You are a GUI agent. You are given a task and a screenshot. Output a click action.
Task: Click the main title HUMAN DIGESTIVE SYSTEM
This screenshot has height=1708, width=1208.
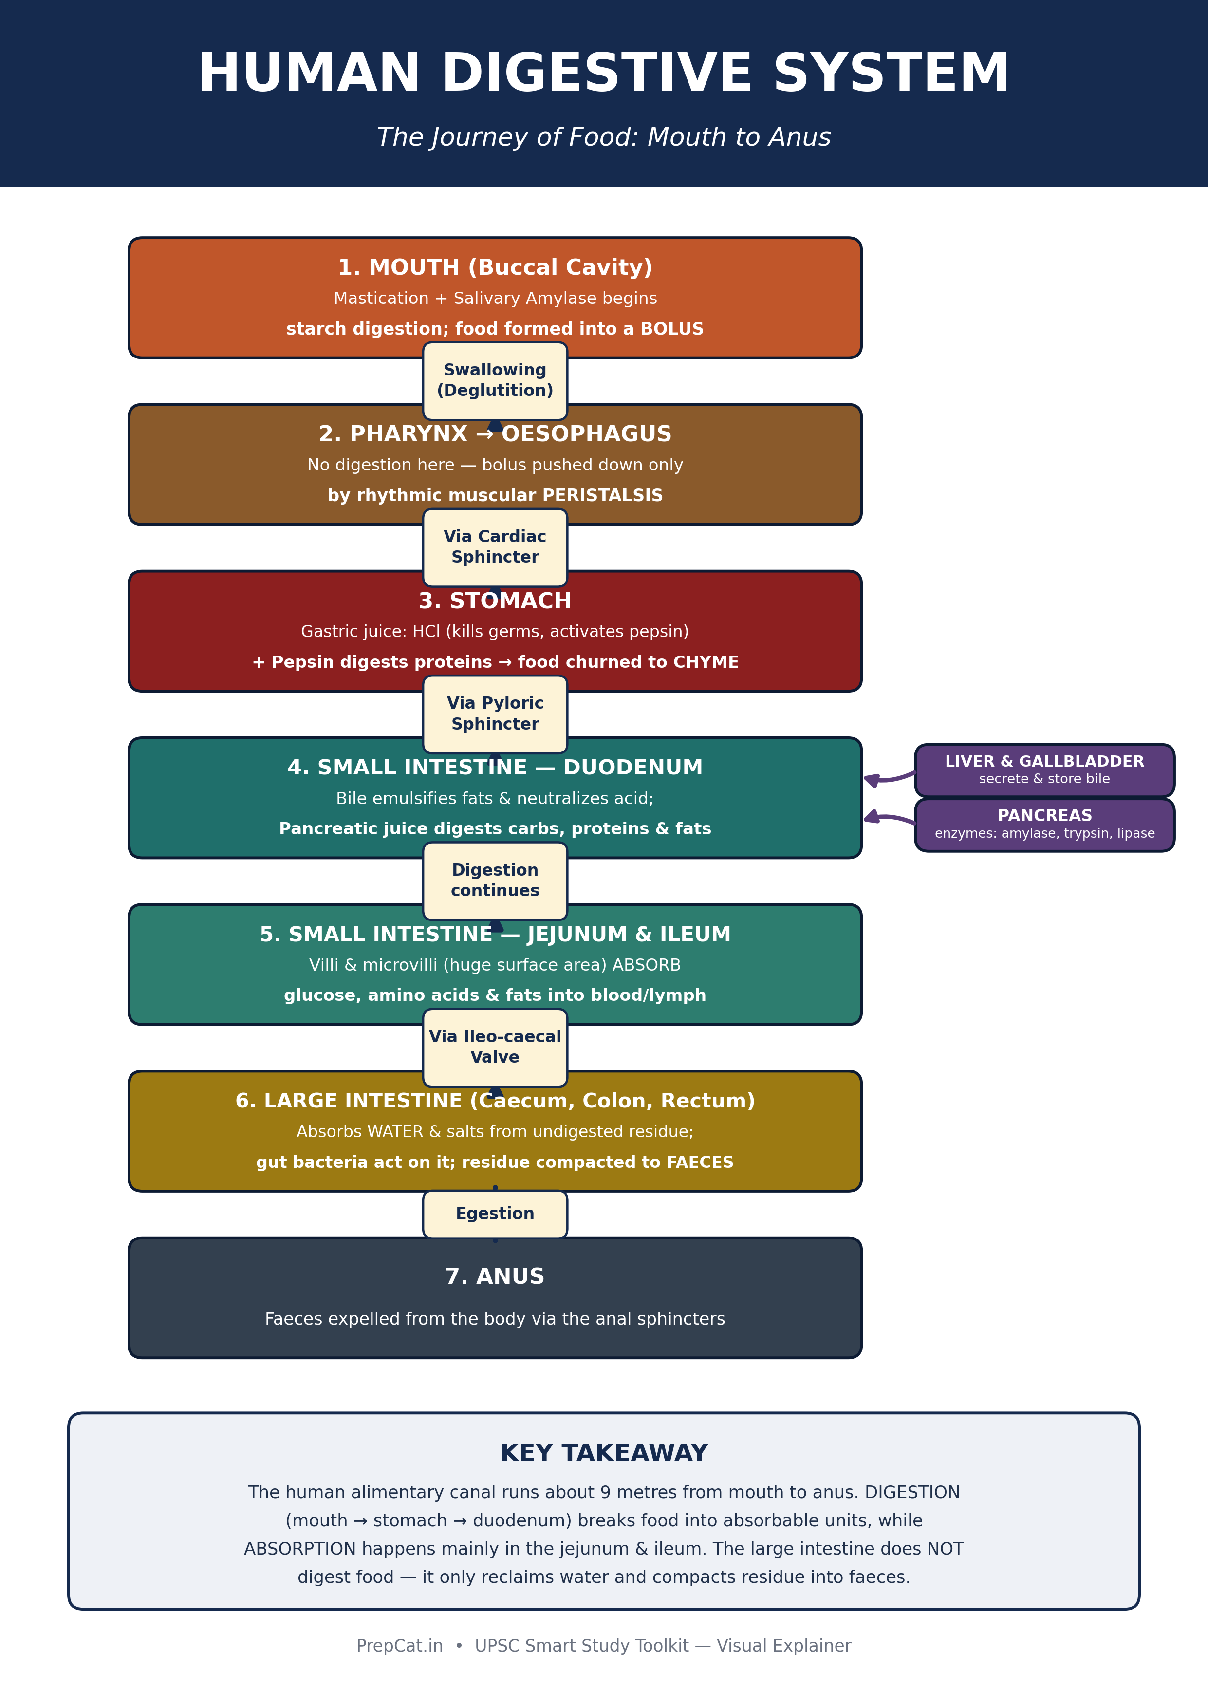click(x=603, y=74)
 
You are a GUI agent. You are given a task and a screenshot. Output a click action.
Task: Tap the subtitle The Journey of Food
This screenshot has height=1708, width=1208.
click(x=603, y=138)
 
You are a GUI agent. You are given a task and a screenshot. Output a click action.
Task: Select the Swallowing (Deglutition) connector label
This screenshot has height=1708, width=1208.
click(x=495, y=381)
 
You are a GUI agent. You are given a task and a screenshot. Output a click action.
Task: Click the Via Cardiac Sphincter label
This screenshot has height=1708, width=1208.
click(x=495, y=547)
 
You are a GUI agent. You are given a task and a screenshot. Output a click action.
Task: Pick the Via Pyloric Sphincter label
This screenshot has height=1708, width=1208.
click(x=495, y=714)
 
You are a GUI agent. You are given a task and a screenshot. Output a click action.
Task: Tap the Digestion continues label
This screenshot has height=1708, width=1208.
click(x=495, y=881)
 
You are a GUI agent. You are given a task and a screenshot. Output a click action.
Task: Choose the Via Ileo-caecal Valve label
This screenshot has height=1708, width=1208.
click(x=495, y=1048)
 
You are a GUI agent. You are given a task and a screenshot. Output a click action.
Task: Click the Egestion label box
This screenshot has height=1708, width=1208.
click(x=495, y=1214)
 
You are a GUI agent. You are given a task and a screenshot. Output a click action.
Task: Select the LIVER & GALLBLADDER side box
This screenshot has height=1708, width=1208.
click(x=1044, y=770)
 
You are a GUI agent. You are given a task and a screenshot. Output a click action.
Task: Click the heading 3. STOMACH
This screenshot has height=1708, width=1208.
click(x=495, y=601)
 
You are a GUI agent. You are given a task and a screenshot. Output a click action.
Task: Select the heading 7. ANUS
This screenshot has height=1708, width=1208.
click(x=495, y=1276)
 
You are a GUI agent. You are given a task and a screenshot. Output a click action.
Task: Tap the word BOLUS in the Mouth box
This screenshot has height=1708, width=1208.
click(x=672, y=329)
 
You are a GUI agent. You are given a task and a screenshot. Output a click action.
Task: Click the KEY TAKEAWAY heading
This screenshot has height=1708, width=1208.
click(x=604, y=1453)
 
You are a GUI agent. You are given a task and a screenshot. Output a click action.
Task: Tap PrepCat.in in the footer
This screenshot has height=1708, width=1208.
click(x=399, y=1646)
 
